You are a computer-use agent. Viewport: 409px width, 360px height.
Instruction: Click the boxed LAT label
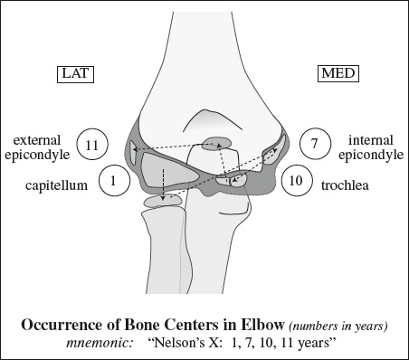(75, 74)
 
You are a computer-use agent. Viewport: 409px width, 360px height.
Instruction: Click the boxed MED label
(338, 73)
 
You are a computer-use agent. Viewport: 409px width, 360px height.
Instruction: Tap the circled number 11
(92, 145)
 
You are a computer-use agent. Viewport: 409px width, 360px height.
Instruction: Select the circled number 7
(315, 144)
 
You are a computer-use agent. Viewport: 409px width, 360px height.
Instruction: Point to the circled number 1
(114, 181)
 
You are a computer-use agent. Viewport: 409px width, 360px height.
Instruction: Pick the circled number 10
(296, 180)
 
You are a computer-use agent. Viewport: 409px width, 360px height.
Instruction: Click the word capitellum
(56, 185)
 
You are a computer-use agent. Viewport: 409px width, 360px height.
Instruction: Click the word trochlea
(345, 185)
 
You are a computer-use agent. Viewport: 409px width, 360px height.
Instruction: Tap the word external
(37, 140)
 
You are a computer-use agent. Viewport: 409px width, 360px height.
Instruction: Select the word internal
(371, 140)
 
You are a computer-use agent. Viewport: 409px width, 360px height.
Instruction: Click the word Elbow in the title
(262, 325)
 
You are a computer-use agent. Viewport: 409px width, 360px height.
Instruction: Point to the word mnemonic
(100, 344)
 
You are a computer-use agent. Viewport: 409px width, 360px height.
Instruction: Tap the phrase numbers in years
(338, 326)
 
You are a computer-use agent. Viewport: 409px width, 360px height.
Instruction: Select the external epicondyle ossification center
(133, 153)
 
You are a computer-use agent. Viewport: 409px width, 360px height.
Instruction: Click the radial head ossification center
(162, 201)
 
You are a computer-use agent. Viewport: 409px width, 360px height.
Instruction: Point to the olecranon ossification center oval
(215, 144)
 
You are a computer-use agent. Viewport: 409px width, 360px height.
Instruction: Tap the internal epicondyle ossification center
(272, 151)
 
